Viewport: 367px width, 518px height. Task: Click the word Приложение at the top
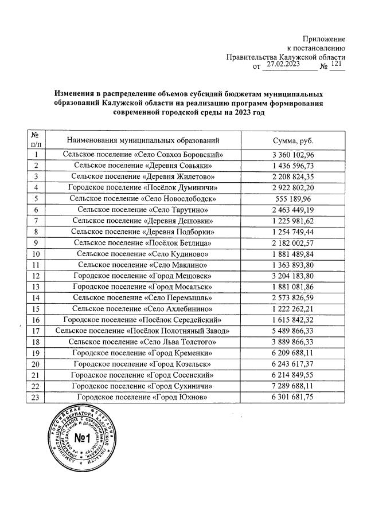(325, 37)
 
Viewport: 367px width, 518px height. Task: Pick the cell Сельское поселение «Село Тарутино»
(143, 210)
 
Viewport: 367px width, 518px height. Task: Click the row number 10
(36, 253)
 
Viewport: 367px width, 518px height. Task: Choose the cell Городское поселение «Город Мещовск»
(143, 276)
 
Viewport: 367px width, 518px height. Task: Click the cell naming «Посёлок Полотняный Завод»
(143, 331)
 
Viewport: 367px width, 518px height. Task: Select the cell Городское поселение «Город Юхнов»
(143, 397)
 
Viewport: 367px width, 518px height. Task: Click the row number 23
(36, 397)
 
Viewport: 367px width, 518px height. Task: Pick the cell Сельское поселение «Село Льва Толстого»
(143, 342)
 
